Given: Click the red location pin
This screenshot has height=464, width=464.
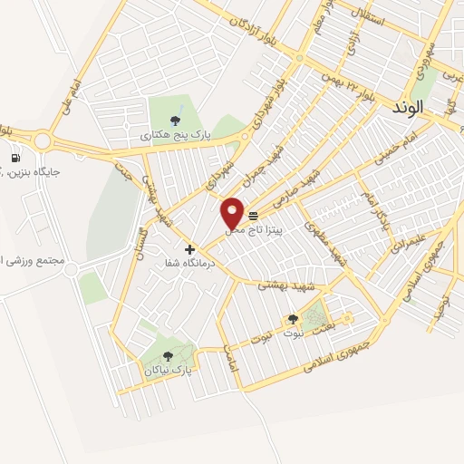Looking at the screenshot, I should tap(232, 213).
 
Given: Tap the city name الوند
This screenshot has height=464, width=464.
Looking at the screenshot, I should tap(408, 107).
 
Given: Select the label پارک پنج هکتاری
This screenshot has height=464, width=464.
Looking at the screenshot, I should tap(175, 134).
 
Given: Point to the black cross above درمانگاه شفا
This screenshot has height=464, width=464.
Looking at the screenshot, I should tap(189, 249).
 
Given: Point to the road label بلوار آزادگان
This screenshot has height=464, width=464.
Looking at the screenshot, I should tap(269, 28).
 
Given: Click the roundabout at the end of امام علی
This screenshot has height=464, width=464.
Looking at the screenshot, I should tap(41, 140).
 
